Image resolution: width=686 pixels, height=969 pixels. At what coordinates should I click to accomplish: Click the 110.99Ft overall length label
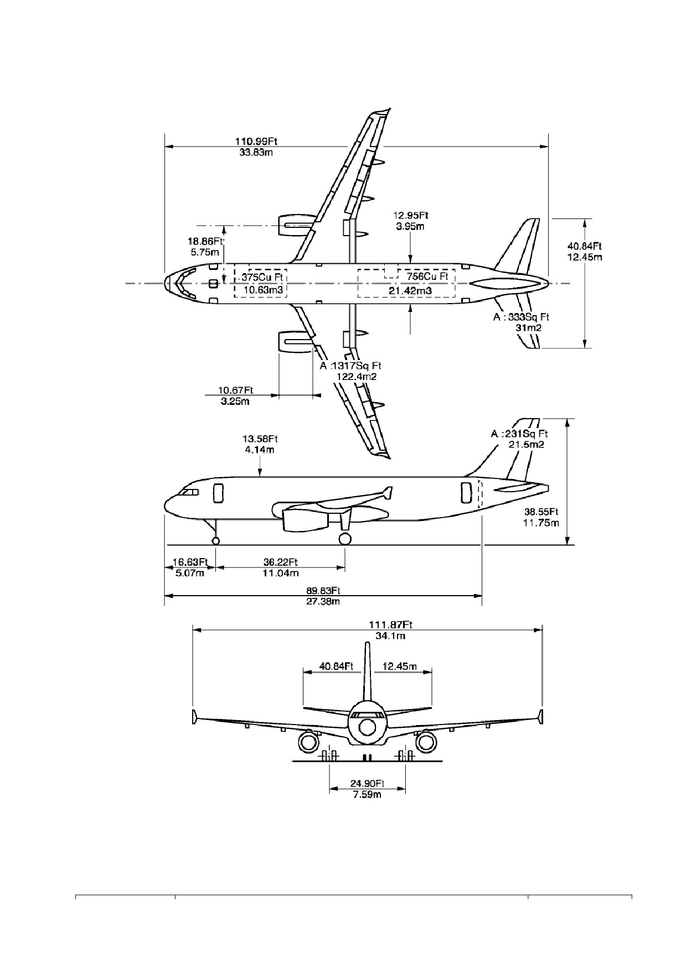tap(256, 141)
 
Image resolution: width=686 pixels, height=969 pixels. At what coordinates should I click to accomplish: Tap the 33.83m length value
tap(256, 152)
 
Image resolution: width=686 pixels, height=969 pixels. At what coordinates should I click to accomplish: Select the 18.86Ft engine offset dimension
tap(205, 241)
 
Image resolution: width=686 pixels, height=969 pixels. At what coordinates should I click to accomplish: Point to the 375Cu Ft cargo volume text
tap(262, 277)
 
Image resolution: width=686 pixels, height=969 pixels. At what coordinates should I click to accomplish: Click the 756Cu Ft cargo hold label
tap(427, 277)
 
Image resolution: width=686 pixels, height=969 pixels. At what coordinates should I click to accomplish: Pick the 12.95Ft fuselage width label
tap(411, 215)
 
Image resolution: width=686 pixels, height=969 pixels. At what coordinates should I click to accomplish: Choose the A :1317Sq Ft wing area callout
tap(350, 366)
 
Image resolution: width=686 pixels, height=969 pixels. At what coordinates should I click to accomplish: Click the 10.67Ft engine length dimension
tap(235, 390)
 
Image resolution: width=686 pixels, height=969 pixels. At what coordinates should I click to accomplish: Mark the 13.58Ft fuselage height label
tap(260, 439)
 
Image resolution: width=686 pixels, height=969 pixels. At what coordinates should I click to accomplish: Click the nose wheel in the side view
tap(215, 540)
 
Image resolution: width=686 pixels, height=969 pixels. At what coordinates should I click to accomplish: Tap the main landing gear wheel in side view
tap(344, 539)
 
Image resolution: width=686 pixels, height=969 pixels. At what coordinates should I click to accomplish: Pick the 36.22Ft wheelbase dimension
tap(281, 562)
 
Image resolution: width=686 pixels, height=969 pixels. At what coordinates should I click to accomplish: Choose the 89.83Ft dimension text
tap(323, 591)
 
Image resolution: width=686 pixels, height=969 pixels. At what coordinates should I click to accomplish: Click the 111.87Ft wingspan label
tap(391, 625)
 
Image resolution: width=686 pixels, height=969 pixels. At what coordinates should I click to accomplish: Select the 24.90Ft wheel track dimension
tap(367, 784)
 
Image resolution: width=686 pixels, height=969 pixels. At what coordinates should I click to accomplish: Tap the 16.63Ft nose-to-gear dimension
tap(190, 562)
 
